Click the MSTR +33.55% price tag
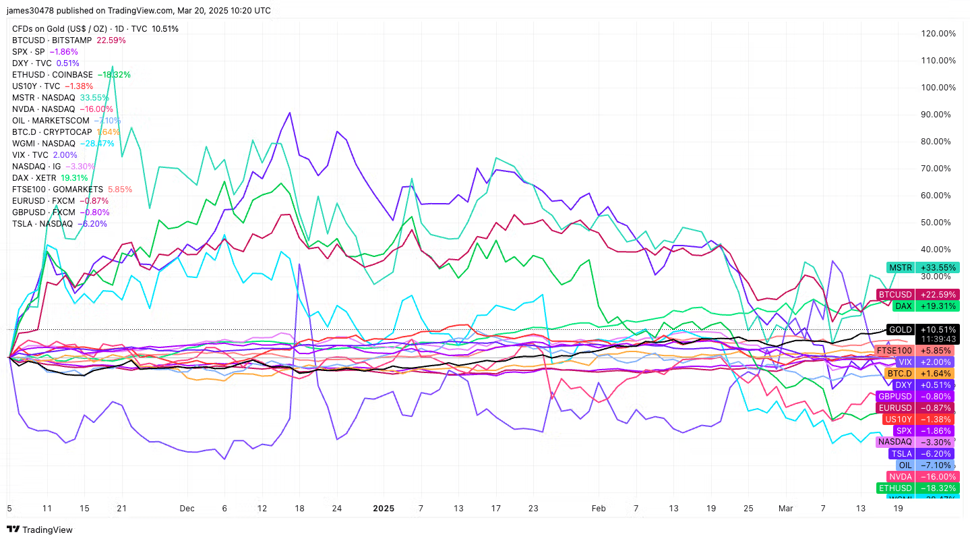(922, 268)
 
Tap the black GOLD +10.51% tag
(921, 330)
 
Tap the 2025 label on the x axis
(383, 508)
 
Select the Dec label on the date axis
(187, 508)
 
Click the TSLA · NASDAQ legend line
(59, 223)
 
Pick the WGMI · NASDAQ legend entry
(63, 143)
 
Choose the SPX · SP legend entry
(44, 51)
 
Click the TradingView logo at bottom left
(40, 530)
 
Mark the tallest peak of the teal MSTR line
(111, 67)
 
